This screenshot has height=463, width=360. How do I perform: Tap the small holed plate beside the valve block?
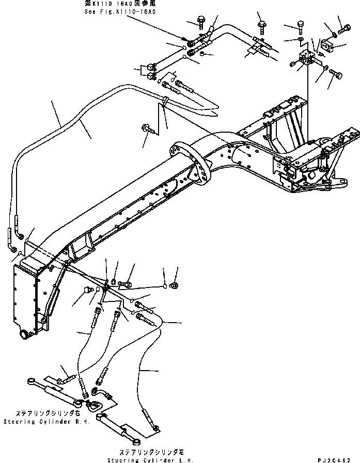coord(326,46)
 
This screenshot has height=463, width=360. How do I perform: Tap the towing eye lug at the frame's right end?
coord(341,181)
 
